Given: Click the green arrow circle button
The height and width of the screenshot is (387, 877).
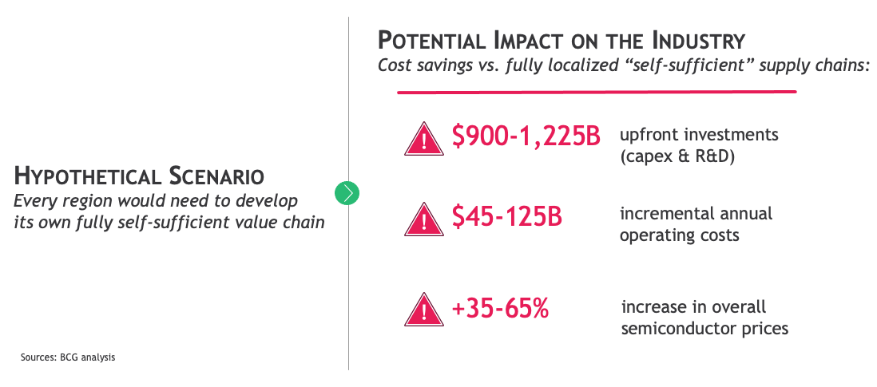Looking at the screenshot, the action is [347, 192].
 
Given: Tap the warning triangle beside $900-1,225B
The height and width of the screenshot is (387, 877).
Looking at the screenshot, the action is [424, 139].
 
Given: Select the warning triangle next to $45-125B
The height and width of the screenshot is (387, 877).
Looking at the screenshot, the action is [424, 219].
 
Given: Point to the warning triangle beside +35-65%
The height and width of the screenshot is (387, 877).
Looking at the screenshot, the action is [424, 310].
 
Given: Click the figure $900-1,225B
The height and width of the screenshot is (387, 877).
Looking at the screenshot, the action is [526, 136].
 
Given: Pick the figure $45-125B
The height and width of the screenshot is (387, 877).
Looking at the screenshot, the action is [506, 217].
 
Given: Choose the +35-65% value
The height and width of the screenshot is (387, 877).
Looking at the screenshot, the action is [500, 308].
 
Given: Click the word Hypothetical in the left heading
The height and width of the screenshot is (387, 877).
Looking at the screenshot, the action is [87, 176].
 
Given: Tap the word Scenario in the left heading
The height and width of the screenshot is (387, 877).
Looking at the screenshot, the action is [215, 176].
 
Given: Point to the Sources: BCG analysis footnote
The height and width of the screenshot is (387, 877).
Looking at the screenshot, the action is [68, 357].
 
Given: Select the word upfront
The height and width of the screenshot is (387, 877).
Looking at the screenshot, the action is [649, 136].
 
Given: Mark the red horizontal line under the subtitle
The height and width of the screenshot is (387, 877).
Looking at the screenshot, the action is [597, 92].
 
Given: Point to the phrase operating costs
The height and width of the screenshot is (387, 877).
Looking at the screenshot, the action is [680, 235].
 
